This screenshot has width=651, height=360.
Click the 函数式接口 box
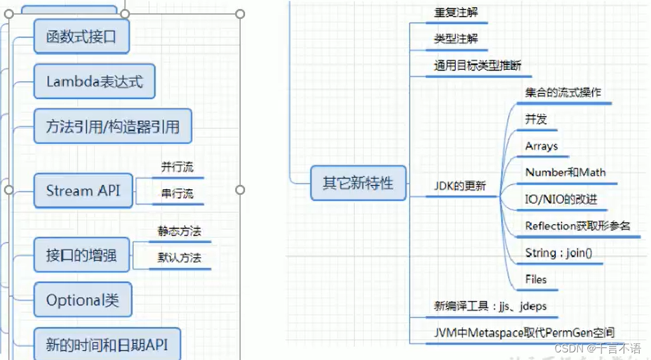81,37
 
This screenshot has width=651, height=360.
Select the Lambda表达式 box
95,81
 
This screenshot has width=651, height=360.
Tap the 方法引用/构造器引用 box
112,127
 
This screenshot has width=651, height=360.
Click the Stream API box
83,190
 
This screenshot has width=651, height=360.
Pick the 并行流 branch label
177,168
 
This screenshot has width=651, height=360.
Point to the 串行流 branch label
177,194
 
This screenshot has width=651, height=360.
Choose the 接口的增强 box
81,256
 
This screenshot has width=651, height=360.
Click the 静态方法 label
179,231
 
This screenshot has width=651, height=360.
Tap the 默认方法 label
179,258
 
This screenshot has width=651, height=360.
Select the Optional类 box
83,300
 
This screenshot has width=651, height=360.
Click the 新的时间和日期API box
106,345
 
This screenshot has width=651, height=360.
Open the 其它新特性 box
358,183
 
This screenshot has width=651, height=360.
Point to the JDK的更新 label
460,186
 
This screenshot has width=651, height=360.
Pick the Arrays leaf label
541,146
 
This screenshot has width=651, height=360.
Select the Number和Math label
565,173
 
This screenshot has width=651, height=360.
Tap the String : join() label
558,253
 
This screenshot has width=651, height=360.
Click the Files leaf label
535,279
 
